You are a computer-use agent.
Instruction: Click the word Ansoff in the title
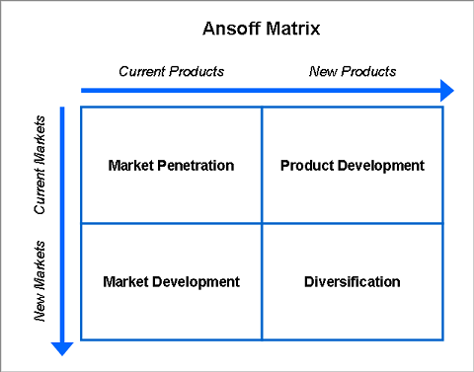[231, 29]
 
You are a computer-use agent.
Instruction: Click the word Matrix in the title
[293, 29]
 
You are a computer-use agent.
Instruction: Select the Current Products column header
[172, 71]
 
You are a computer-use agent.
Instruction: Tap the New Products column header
[353, 71]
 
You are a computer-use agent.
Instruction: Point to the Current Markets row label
[39, 165]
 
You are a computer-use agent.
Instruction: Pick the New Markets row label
[39, 281]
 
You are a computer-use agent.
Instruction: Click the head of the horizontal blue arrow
[447, 91]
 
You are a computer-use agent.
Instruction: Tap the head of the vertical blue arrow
[62, 349]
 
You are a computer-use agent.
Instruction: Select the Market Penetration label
[171, 166]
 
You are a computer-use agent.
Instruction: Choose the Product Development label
[353, 166]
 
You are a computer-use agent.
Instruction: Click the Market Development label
[172, 282]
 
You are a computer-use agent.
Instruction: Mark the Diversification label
[353, 282]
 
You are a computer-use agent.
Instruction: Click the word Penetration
[196, 166]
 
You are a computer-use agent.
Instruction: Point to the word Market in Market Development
[125, 282]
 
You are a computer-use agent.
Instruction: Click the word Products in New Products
[368, 71]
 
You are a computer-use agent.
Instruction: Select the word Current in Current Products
[142, 71]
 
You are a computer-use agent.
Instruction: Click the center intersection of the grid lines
[262, 224]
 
